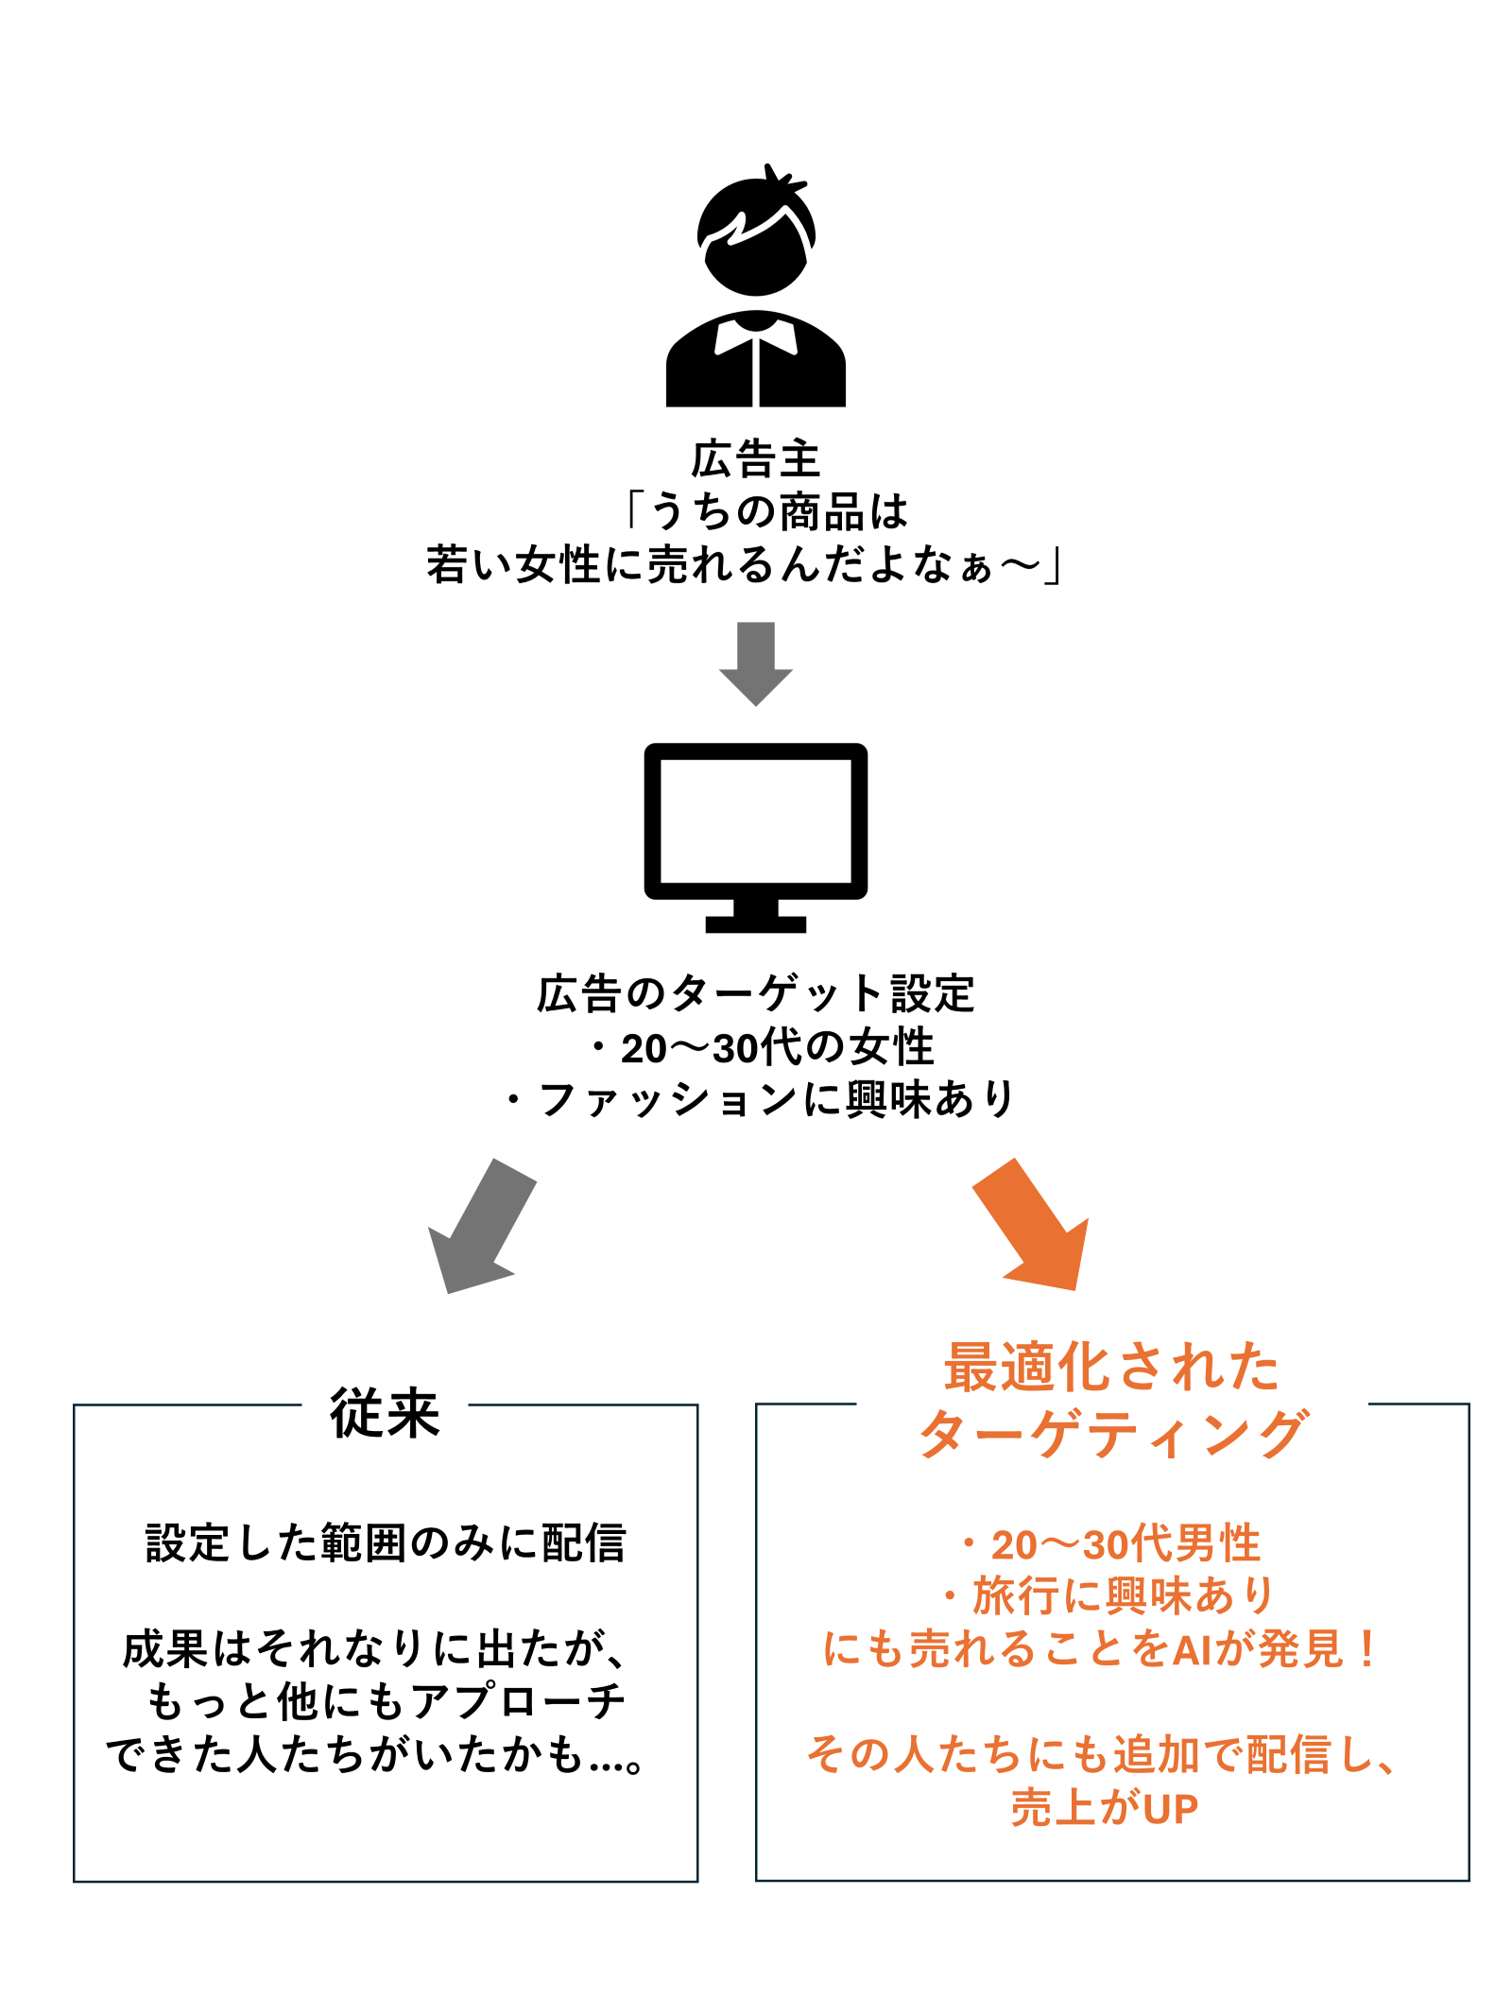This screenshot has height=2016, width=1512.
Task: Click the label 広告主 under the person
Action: (755, 460)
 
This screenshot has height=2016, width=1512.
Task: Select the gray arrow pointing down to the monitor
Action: (755, 662)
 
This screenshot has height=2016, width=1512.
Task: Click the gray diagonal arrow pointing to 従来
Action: (482, 1225)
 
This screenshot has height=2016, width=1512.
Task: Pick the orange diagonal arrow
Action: (1035, 1225)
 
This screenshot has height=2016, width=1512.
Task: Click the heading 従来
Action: (385, 1414)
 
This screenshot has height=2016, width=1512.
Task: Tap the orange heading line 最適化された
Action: (1111, 1368)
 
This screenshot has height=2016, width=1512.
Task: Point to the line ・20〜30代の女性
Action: (761, 1047)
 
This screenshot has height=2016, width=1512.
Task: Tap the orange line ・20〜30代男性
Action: (1109, 1544)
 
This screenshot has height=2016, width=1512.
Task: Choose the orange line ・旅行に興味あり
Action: (1109, 1596)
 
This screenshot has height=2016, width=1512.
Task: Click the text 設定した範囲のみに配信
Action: (386, 1543)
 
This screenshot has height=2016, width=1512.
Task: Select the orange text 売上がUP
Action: (1104, 1808)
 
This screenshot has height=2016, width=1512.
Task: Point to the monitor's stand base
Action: (755, 924)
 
